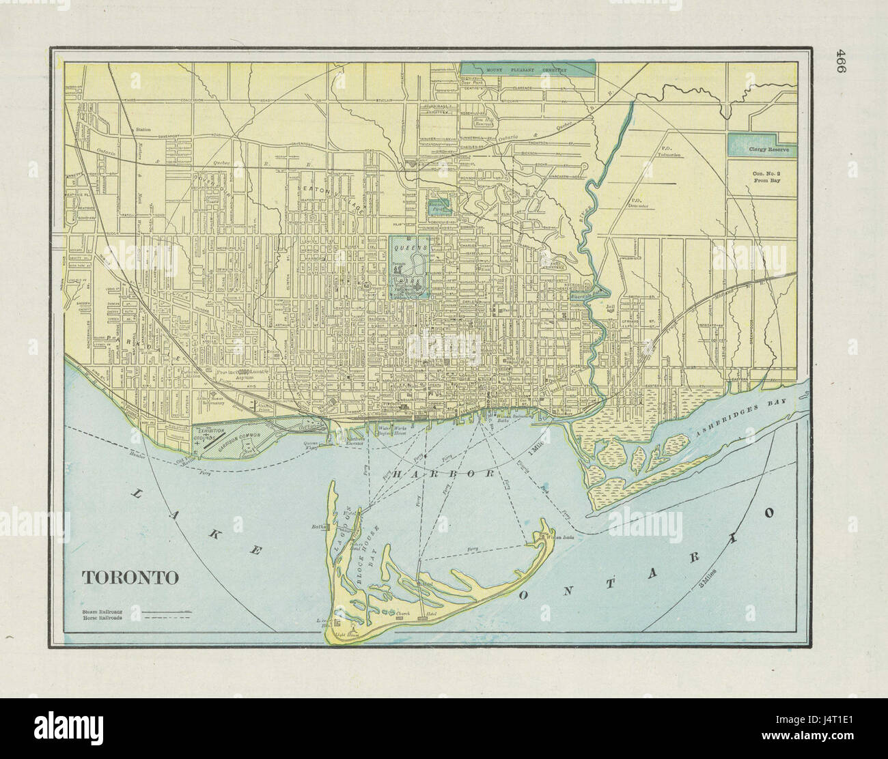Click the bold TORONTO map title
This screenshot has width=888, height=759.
(x=130, y=577)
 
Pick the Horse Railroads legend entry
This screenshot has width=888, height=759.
(x=102, y=616)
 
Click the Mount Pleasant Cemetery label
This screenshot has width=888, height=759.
(x=527, y=70)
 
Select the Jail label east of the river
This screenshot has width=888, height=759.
(x=611, y=308)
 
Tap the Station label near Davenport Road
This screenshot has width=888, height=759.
(x=143, y=128)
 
